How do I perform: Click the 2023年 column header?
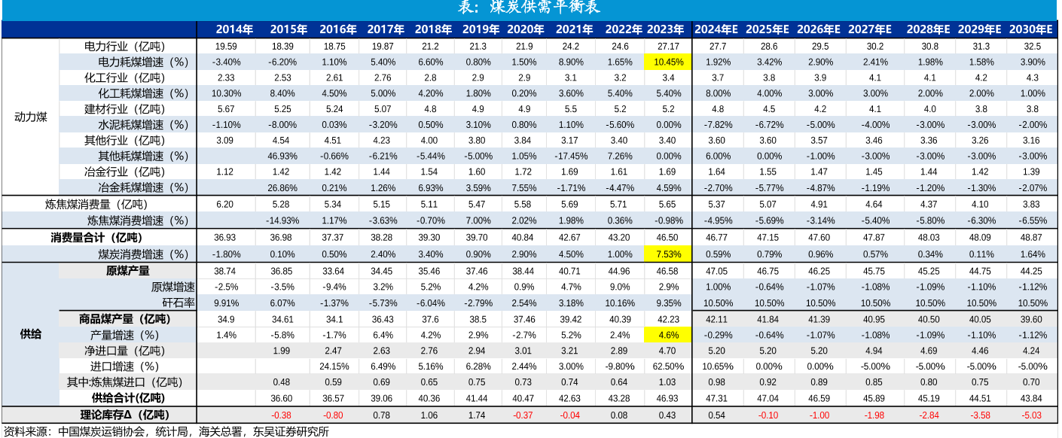coord(666,29)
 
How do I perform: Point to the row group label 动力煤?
coord(31,117)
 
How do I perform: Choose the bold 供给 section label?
coord(31,334)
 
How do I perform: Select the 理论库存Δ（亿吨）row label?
coord(125,415)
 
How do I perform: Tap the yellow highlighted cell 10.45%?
coord(666,62)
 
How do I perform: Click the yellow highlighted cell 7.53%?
coord(666,254)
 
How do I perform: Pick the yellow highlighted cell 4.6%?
coord(666,334)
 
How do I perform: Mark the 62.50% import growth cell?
coord(666,367)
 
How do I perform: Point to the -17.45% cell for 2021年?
coord(571,156)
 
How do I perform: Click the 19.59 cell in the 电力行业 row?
coord(226,46)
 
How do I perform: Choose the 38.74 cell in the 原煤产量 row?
coord(226,271)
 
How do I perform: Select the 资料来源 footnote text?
coord(166,431)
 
